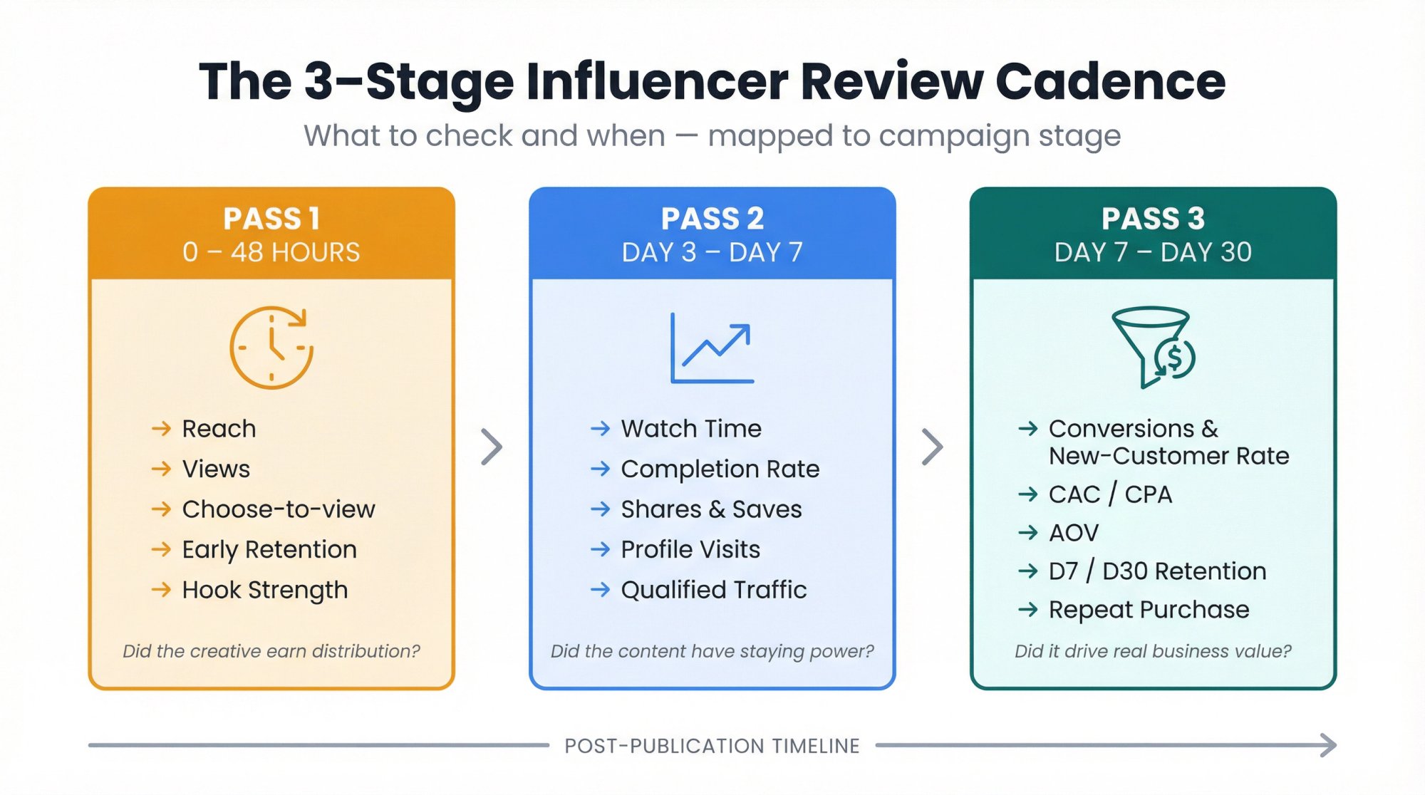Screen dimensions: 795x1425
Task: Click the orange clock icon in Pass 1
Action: (x=271, y=348)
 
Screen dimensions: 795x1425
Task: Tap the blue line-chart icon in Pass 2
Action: (x=712, y=348)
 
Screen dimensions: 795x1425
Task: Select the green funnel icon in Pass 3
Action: (x=1152, y=347)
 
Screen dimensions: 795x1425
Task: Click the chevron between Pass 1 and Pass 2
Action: (x=492, y=447)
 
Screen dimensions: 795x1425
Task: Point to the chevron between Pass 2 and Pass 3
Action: (x=932, y=447)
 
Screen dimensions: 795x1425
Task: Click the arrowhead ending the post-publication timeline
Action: (x=1328, y=745)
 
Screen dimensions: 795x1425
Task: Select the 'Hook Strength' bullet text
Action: (x=264, y=590)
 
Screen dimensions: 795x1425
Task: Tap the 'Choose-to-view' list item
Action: (x=278, y=509)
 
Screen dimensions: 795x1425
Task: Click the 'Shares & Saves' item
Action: (x=711, y=509)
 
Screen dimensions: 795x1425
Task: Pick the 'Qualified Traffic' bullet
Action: (x=713, y=590)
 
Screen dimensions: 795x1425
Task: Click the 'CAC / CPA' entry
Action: (x=1110, y=494)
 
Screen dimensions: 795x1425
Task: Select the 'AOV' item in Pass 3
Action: (x=1074, y=533)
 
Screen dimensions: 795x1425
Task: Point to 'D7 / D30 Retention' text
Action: (x=1157, y=571)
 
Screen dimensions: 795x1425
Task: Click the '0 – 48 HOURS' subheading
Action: (x=271, y=252)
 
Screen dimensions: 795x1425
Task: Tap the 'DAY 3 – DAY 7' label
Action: (x=712, y=252)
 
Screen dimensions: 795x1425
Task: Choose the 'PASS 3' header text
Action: (x=1152, y=219)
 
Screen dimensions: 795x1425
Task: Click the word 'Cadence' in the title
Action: (x=1110, y=81)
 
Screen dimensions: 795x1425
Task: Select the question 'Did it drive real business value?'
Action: (x=1152, y=651)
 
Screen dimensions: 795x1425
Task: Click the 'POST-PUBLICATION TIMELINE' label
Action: (x=712, y=746)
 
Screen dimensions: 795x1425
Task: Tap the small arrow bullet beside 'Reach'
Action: (x=162, y=428)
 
